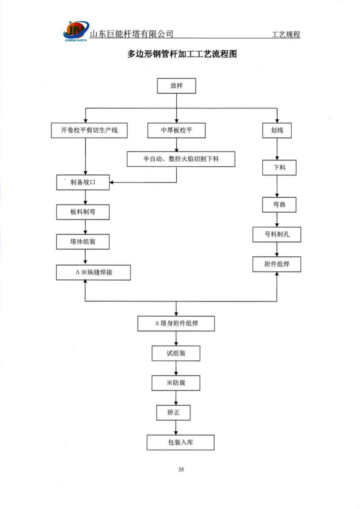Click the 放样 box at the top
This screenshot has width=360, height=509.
click(176, 86)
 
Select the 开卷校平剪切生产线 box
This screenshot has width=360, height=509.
click(89, 130)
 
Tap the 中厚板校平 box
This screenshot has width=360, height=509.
click(176, 130)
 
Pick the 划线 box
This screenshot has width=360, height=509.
click(277, 130)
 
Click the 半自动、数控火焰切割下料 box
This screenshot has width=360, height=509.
click(181, 159)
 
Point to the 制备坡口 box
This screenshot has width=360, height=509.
click(83, 182)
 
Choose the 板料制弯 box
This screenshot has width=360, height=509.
click(83, 212)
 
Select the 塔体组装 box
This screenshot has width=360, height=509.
click(83, 242)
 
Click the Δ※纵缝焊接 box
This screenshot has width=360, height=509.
click(93, 272)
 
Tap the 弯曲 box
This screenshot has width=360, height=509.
click(277, 204)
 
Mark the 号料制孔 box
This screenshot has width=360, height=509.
click(277, 235)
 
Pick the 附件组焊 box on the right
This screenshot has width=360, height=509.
click(277, 264)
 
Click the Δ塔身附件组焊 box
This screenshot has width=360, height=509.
click(176, 323)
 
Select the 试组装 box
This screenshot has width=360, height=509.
click(176, 353)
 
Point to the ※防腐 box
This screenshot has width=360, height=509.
click(176, 383)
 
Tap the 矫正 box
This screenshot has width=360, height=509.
click(173, 413)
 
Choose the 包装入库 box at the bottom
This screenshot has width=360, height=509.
click(180, 442)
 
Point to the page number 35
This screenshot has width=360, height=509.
click(181, 469)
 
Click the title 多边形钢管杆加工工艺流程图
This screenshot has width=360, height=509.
click(182, 54)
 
